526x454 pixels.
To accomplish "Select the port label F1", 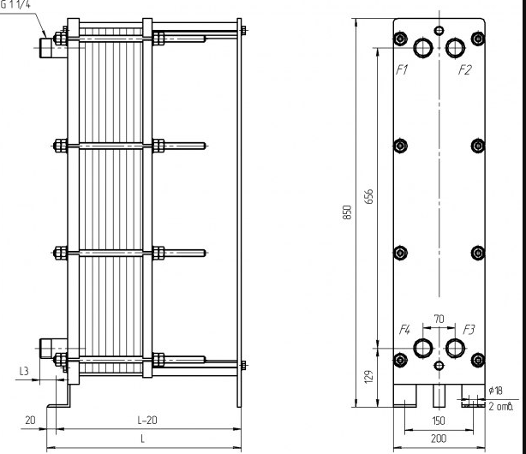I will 401,70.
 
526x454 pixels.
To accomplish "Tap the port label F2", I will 464,70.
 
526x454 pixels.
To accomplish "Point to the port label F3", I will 469,329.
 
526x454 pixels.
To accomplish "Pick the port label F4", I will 405,329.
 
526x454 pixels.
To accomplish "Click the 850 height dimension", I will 347,212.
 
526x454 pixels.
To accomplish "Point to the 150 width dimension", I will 438,422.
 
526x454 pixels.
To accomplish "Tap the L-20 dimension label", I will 148,420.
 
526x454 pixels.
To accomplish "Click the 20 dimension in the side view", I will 30,420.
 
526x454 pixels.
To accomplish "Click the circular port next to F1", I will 424,46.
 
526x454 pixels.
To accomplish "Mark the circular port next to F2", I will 455,46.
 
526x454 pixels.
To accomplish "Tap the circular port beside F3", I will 454,348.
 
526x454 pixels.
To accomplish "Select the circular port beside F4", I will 424,348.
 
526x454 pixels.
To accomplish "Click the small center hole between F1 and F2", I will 439,31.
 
